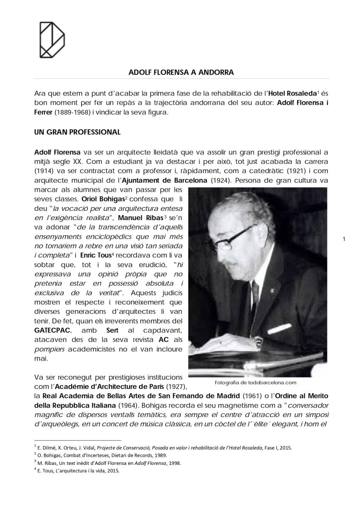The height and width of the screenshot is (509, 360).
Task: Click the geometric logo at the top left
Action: pyautogui.click(x=52, y=39)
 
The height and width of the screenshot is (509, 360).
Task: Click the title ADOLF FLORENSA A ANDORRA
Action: pyautogui.click(x=181, y=72)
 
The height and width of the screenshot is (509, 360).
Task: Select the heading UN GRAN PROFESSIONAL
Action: pyautogui.click(x=77, y=132)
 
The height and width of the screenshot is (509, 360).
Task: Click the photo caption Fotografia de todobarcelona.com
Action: pyautogui.click(x=256, y=382)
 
